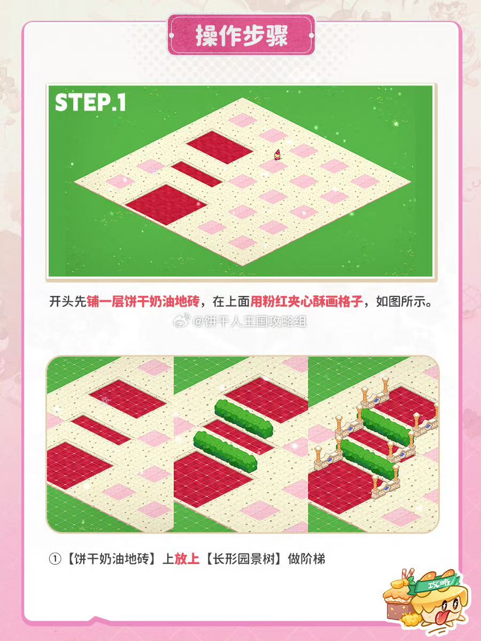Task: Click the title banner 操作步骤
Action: pos(242,35)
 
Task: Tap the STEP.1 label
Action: pos(90,103)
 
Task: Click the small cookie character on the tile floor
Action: pos(277,155)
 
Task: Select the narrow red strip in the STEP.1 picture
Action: pos(197,174)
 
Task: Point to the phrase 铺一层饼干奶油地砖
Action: pos(143,301)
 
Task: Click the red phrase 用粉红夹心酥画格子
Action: pos(307,301)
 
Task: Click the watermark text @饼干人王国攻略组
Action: pos(250,323)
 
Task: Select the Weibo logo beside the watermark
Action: pos(183,322)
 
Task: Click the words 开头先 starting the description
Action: pos(68,301)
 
